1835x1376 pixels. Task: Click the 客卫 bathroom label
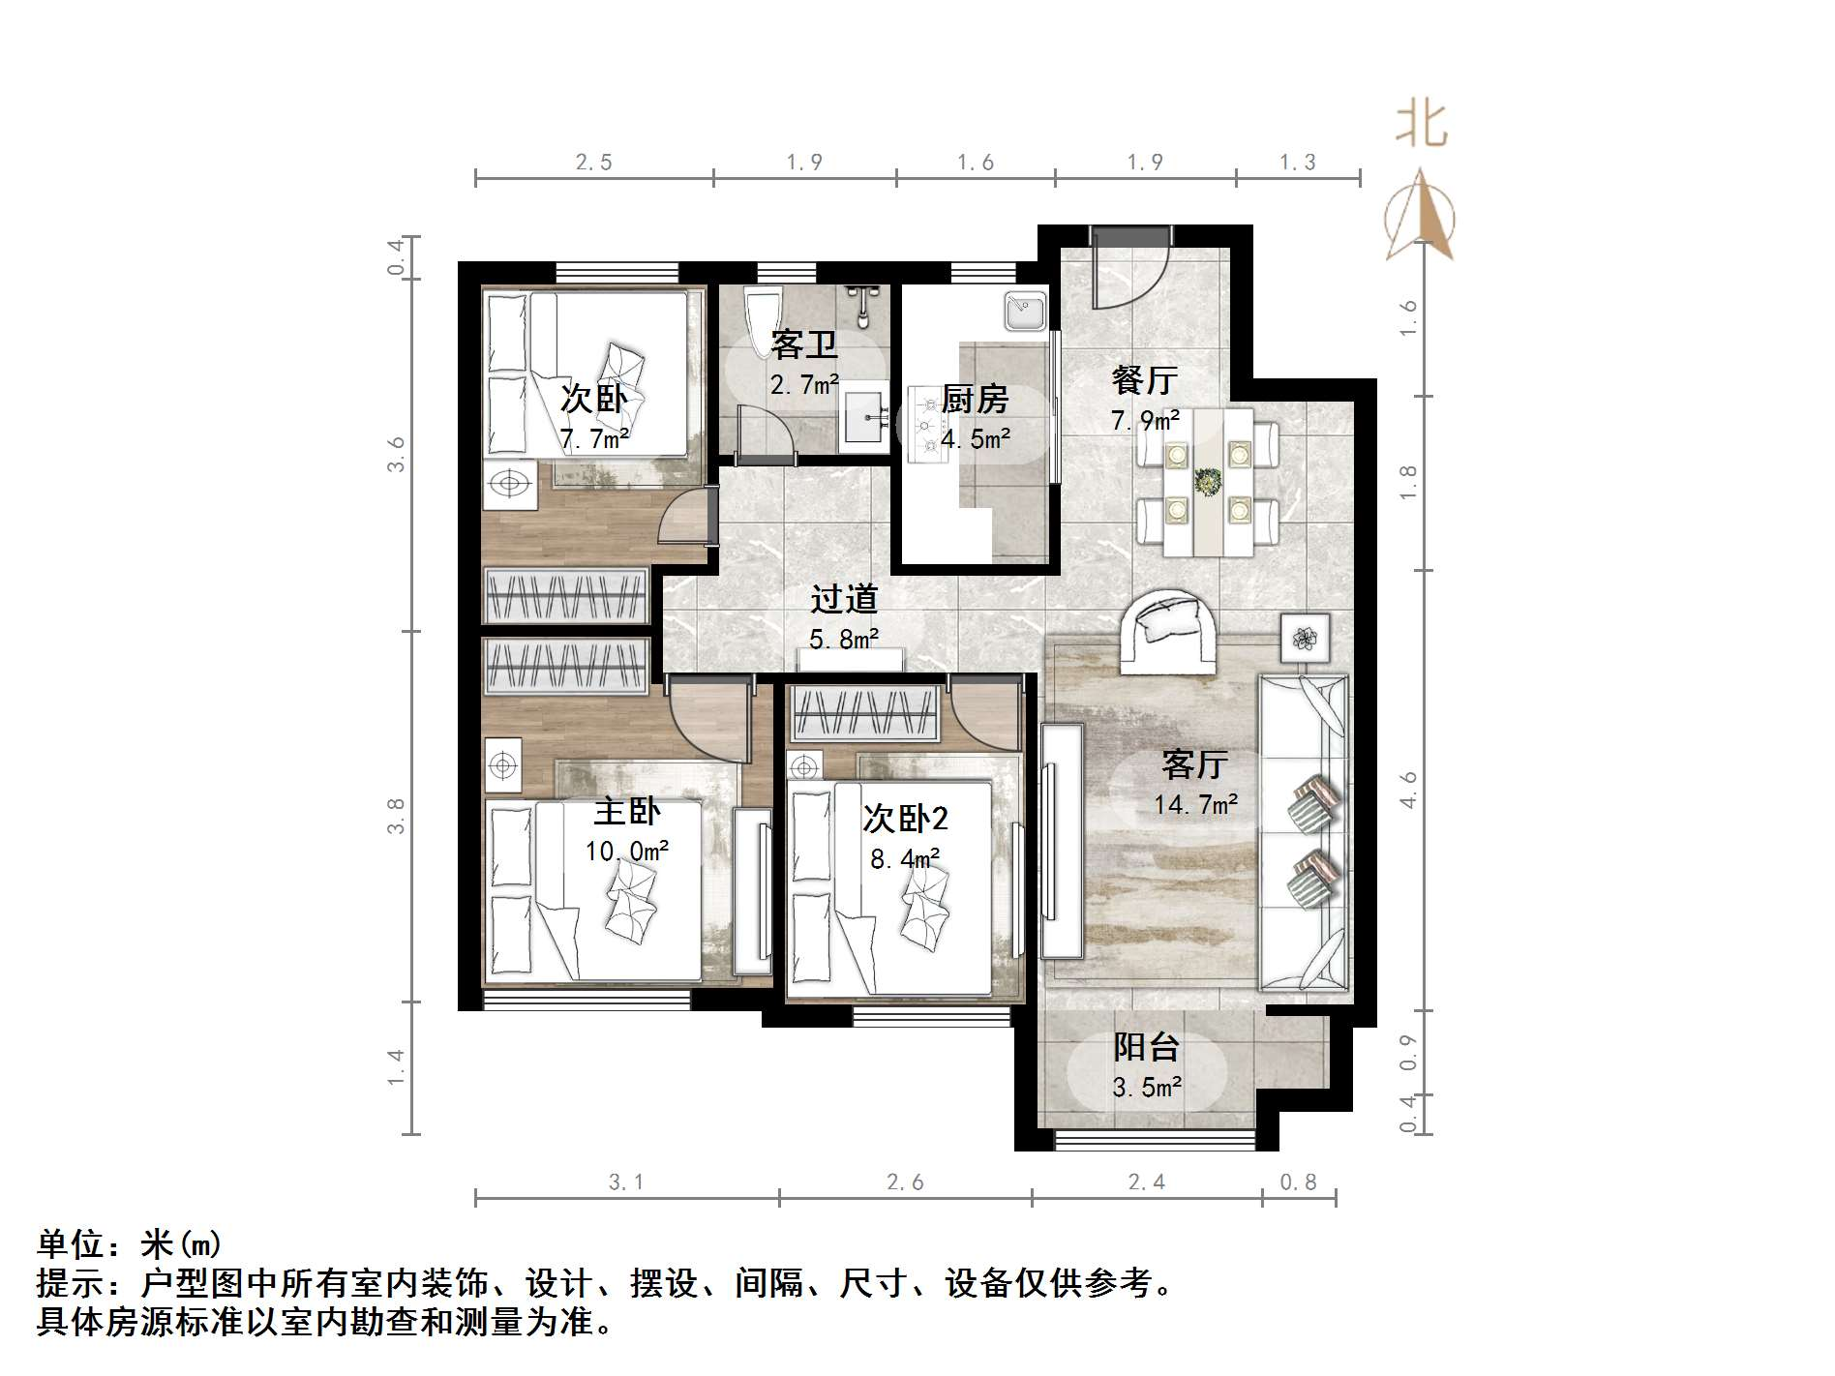point(803,344)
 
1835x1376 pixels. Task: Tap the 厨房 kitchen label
point(975,399)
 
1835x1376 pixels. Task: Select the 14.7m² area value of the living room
point(1195,805)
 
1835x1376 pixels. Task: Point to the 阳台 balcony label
point(1146,1047)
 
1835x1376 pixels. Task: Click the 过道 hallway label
point(844,600)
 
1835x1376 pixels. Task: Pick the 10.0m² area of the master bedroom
point(626,852)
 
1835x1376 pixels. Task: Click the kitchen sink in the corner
point(1024,312)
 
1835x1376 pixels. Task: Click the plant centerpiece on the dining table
point(1208,481)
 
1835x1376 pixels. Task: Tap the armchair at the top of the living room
point(1169,631)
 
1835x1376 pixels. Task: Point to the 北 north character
point(1421,126)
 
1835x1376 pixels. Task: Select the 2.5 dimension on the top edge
point(594,163)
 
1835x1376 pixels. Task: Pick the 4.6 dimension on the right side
point(1408,790)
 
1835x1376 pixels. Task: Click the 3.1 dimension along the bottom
point(626,1182)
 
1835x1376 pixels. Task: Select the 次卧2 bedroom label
point(905,820)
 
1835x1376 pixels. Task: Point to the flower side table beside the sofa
point(1305,638)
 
